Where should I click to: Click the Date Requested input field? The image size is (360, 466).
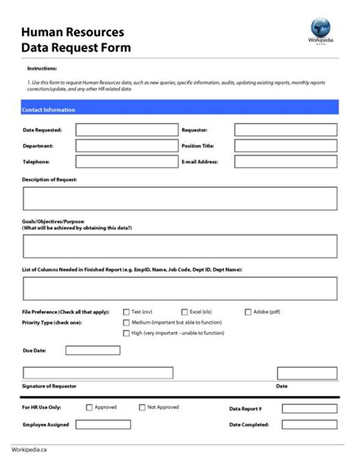[x=126, y=130]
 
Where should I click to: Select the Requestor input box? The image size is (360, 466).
[x=285, y=130]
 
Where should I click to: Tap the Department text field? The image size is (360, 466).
[x=126, y=146]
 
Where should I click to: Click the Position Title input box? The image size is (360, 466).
[x=285, y=146]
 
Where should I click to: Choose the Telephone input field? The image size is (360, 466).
[x=126, y=162]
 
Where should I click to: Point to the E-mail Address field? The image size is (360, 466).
[x=285, y=162]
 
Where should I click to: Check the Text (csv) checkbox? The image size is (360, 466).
[x=126, y=312]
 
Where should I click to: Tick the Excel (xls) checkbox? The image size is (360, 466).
[x=185, y=312]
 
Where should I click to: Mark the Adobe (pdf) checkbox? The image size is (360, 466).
[x=248, y=312]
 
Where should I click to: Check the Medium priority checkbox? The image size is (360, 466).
[x=126, y=322]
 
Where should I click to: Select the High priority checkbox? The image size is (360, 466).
[x=126, y=333]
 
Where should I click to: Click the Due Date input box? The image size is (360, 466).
[x=92, y=350]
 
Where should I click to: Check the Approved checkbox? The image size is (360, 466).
[x=89, y=407]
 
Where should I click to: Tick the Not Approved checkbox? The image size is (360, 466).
[x=142, y=407]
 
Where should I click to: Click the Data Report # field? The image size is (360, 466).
[x=309, y=409]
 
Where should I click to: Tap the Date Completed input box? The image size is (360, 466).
[x=309, y=425]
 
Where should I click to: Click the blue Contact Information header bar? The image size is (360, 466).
[x=179, y=110]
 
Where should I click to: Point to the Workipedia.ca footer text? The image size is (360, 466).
[x=30, y=449]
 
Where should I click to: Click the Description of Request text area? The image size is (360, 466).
[x=179, y=198]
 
